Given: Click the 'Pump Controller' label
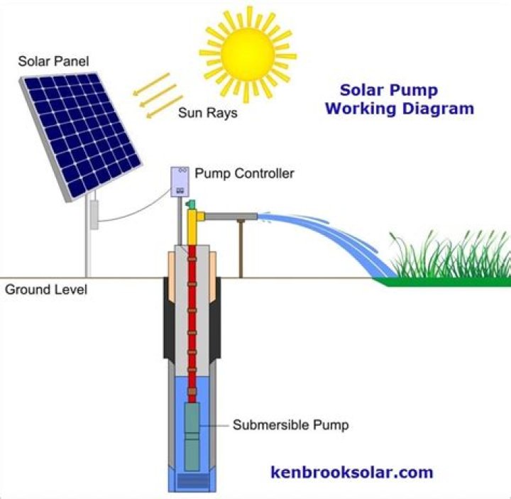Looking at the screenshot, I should point(244,172).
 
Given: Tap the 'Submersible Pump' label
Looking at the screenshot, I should point(291,426).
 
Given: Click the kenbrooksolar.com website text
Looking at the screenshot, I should point(351,472).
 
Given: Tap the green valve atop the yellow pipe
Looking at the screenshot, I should point(189,205).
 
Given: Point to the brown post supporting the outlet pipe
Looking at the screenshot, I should point(241,248).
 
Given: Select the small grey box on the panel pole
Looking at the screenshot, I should point(93,214).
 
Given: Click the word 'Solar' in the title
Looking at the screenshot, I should point(363,90).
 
